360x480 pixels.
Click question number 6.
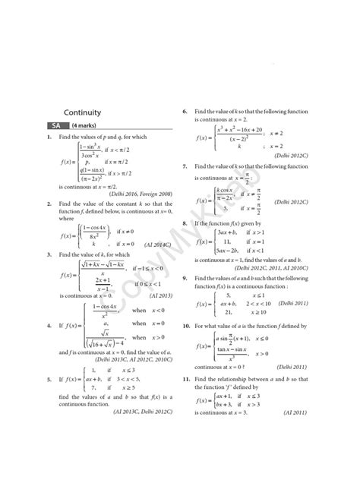(x=185, y=112)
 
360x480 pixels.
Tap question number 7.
(x=185, y=166)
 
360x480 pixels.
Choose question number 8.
(x=185, y=224)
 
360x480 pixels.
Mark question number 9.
(x=185, y=279)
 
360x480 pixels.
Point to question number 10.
(x=186, y=325)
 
